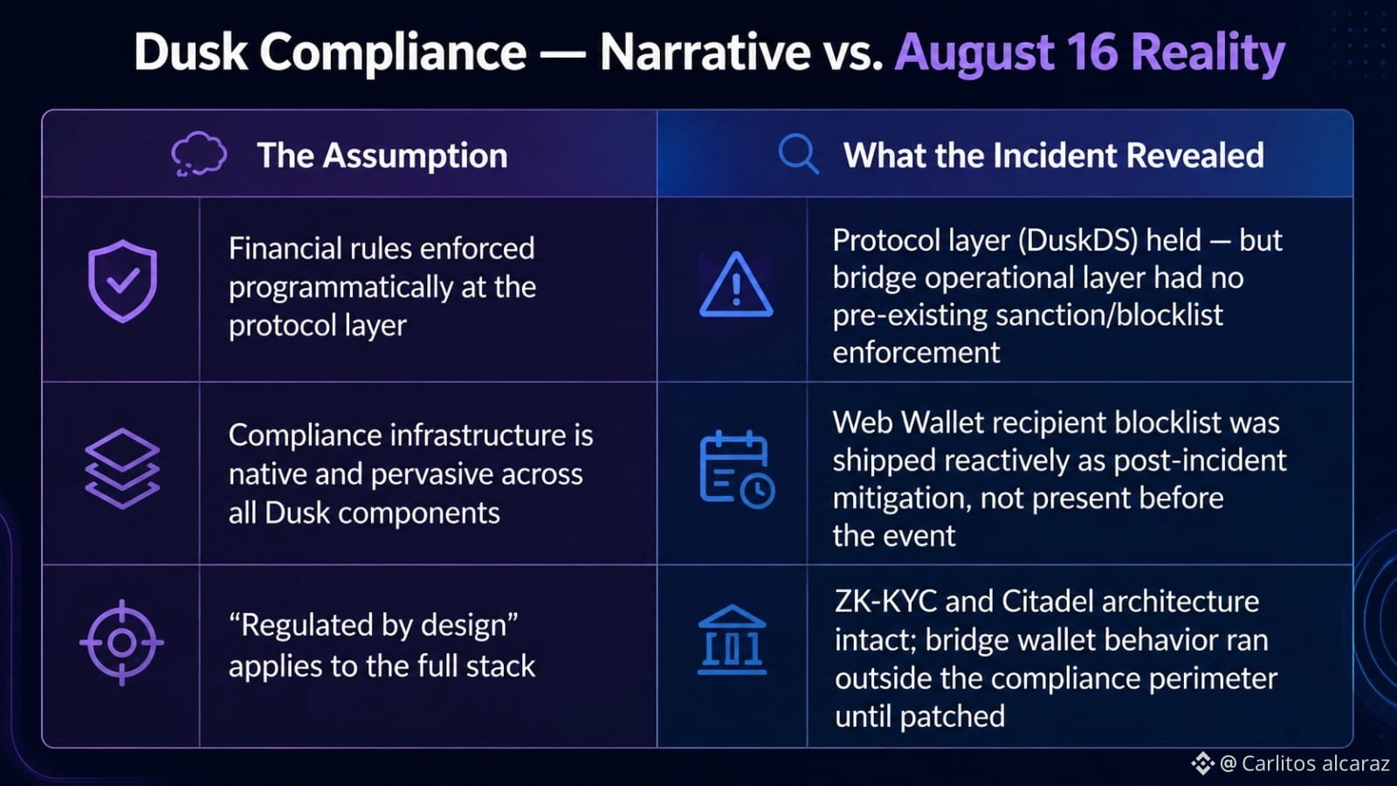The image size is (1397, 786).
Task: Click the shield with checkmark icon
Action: [122, 280]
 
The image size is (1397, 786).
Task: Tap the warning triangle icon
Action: [736, 285]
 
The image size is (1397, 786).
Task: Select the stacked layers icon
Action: [122, 468]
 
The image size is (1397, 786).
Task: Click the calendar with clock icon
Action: [737, 469]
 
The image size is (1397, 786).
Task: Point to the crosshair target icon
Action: [121, 642]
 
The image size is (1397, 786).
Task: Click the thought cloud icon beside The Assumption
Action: [199, 154]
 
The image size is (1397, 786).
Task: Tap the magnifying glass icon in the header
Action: [798, 154]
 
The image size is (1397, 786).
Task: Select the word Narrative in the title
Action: [705, 52]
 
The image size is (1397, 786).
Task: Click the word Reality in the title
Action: [1208, 53]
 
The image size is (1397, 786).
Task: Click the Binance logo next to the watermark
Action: [1202, 763]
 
